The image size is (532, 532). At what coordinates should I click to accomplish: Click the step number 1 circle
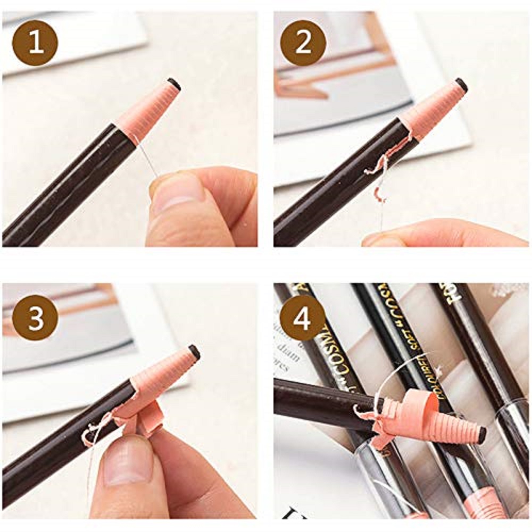(x=35, y=43)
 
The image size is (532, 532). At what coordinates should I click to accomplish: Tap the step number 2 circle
(x=303, y=43)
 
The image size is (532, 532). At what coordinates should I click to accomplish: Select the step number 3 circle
(x=35, y=318)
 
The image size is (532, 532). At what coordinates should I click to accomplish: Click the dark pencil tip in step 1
(x=174, y=84)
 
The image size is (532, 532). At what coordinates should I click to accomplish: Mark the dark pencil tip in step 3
(x=194, y=352)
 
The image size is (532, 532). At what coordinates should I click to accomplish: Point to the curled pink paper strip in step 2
(x=380, y=170)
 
